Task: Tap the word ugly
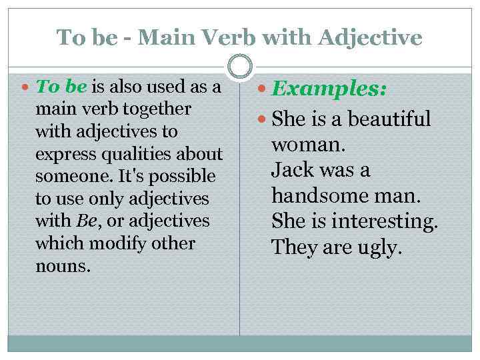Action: point(381,247)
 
